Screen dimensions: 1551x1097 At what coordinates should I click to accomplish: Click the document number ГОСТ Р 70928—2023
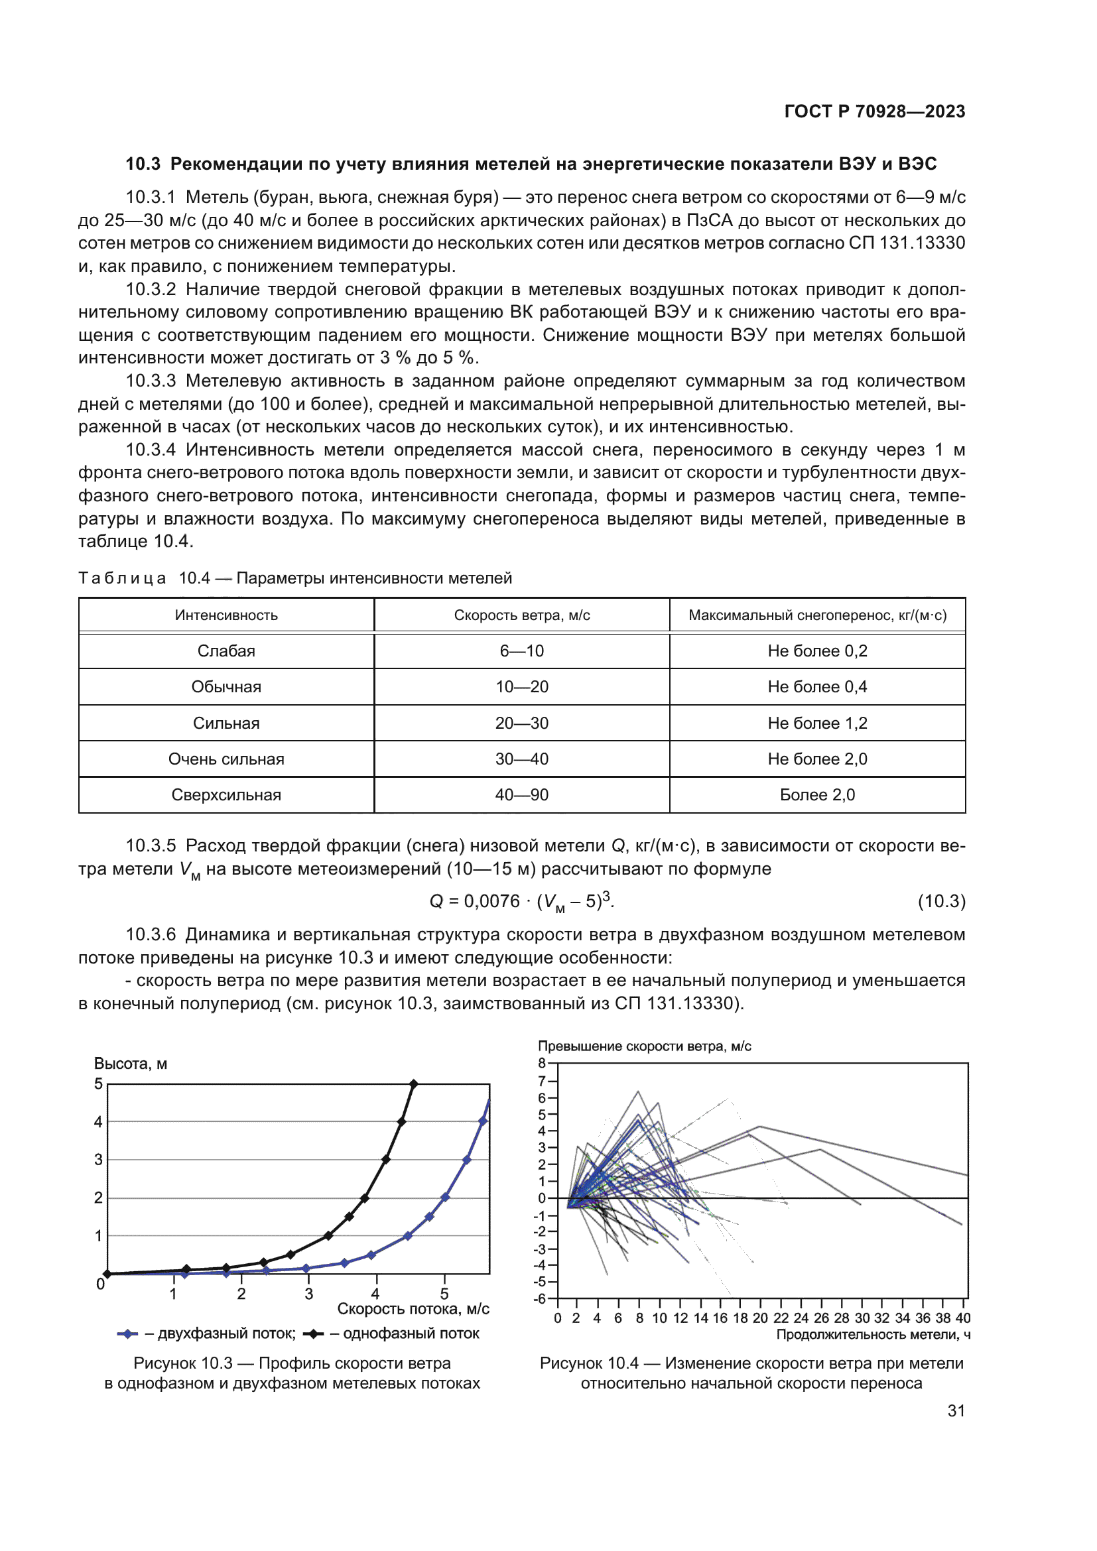[x=874, y=111]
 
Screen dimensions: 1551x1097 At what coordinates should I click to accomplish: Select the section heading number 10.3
[x=143, y=164]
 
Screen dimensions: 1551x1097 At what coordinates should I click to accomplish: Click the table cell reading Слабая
[x=226, y=651]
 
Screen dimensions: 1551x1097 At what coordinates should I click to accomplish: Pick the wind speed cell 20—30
[x=521, y=723]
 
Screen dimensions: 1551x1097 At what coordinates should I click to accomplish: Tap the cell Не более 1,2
[x=816, y=723]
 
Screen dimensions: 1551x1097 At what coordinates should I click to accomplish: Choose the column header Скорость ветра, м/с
[x=521, y=615]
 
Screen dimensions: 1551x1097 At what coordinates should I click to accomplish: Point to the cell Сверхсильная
[x=226, y=794]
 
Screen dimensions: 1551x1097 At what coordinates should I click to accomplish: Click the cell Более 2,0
[x=816, y=794]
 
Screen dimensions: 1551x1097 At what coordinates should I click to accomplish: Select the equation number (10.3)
[x=941, y=901]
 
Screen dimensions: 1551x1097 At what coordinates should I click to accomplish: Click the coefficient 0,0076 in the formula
[x=491, y=901]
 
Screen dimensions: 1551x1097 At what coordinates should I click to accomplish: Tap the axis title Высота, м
[x=131, y=1063]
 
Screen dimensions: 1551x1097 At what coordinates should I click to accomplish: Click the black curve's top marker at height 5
[x=413, y=1084]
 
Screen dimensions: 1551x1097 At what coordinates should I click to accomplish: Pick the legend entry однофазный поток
[x=411, y=1334]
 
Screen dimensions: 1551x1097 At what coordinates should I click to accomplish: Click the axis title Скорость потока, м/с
[x=413, y=1309]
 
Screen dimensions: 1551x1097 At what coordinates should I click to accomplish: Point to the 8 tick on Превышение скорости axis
[x=542, y=1063]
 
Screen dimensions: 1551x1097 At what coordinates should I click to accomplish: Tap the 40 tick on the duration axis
[x=962, y=1318]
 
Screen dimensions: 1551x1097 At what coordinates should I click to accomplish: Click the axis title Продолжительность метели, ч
[x=873, y=1335]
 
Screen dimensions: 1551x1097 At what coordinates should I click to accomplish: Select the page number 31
[x=956, y=1410]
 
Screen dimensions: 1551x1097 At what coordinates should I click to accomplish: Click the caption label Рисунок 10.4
[x=588, y=1363]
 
